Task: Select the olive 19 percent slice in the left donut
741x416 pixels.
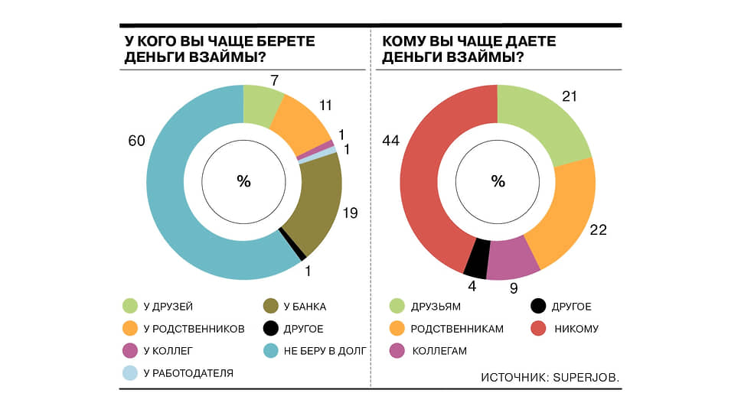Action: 318,203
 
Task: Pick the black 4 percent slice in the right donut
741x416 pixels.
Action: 477,258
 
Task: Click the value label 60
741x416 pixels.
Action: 136,141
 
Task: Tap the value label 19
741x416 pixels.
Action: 350,213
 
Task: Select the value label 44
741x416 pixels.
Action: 391,141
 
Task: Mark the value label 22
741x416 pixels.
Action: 598,230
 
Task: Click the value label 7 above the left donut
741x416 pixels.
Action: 275,81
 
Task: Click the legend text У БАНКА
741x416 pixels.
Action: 305,307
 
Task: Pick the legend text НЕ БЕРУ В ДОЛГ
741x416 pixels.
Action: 325,351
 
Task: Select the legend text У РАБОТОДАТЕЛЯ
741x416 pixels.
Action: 188,373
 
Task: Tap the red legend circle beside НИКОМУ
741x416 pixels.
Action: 538,328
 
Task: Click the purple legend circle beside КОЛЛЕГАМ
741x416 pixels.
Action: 397,350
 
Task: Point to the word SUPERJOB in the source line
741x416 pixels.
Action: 586,378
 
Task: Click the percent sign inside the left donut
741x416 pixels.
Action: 244,181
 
